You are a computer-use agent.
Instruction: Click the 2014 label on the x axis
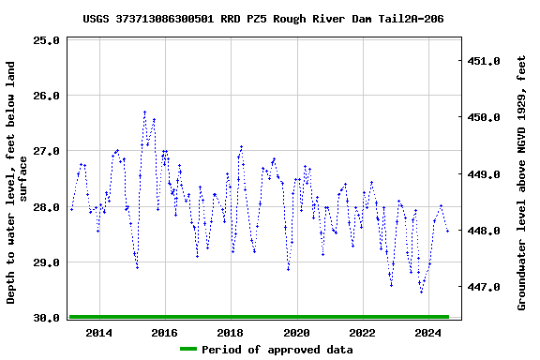click(98, 333)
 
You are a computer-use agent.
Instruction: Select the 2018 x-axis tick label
click(231, 333)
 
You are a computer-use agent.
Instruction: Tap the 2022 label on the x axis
click(362, 333)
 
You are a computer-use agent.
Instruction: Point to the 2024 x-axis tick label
click(428, 333)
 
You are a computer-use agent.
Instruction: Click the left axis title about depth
click(18, 182)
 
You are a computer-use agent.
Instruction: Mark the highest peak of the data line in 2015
click(144, 112)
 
